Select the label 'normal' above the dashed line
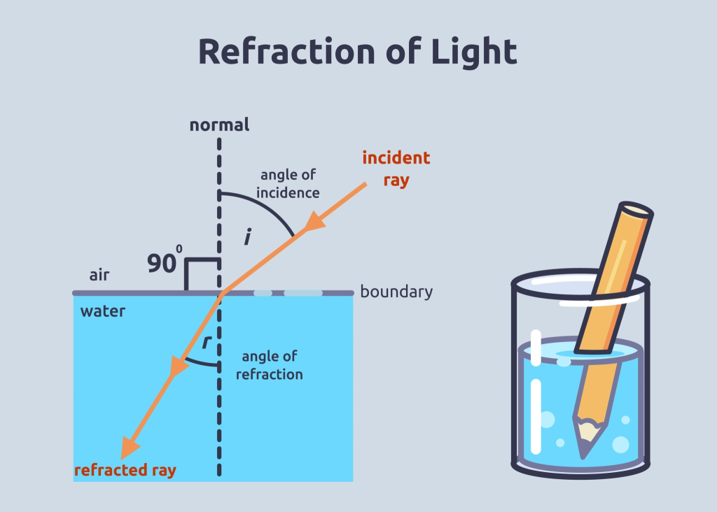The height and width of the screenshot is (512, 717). [x=219, y=126]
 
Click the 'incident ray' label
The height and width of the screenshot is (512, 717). [x=396, y=169]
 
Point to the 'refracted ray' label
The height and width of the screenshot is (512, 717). [x=125, y=470]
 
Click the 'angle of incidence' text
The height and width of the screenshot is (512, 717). [x=288, y=184]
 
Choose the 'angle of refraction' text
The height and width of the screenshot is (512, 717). [x=269, y=366]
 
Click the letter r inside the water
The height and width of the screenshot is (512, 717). [x=206, y=343]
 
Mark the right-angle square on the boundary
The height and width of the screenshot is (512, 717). [x=202, y=274]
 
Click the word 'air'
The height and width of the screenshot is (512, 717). [x=99, y=275]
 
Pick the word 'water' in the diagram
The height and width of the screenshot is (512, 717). [x=103, y=311]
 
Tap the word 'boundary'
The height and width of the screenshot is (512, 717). [x=396, y=292]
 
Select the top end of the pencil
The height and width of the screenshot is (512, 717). [x=635, y=210]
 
